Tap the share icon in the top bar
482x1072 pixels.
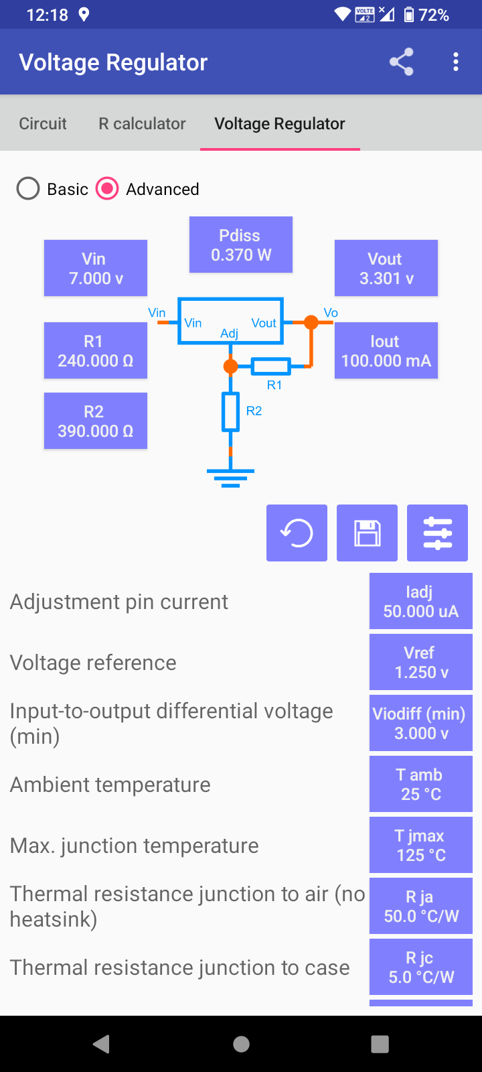pos(401,62)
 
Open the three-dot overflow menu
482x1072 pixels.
pos(456,62)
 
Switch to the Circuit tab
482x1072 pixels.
pos(43,123)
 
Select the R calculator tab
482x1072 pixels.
pos(142,123)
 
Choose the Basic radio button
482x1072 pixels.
pos(28,189)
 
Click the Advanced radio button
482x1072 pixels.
pos(107,189)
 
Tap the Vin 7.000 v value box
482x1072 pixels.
pos(96,268)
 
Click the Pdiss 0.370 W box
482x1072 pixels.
pos(241,245)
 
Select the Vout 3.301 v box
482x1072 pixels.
pos(386,268)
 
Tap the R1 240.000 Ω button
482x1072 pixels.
pos(96,350)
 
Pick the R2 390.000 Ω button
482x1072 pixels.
pos(96,421)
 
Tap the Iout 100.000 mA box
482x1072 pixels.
pos(386,350)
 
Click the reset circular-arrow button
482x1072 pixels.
pos(297,533)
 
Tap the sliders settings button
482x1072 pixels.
pos(437,533)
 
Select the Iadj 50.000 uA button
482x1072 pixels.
pos(420,601)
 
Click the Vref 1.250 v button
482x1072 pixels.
pos(420,662)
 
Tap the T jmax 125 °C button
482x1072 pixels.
pos(420,845)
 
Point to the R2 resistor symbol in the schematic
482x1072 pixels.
pos(231,412)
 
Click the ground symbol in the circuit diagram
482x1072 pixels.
pos(230,476)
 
